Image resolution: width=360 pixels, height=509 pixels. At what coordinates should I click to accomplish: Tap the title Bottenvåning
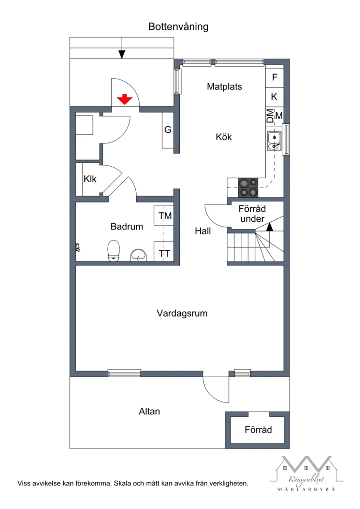point(178,27)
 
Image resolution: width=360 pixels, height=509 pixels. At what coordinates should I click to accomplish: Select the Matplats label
point(224,86)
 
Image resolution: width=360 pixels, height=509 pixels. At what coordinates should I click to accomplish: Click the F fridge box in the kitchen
point(274,78)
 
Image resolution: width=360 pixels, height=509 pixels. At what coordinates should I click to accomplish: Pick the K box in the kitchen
point(274,96)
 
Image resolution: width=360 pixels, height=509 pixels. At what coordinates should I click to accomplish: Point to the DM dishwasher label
point(270,116)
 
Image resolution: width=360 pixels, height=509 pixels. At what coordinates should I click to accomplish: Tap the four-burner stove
point(248,187)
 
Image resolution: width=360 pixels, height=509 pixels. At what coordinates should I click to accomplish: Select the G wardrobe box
point(168,130)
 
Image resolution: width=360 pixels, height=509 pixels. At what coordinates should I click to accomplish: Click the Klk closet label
point(90,179)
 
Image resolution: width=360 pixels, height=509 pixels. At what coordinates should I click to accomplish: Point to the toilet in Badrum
point(114,251)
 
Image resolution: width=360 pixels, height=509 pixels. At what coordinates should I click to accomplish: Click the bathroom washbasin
point(139,254)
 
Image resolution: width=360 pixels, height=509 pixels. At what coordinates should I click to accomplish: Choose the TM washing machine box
point(165,216)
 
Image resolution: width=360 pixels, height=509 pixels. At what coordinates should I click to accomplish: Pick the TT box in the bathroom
point(165,253)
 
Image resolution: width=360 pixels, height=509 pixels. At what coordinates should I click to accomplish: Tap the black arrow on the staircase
point(269,227)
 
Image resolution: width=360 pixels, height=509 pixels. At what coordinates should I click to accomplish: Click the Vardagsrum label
point(182,313)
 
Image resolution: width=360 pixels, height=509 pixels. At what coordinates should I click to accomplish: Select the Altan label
point(149,411)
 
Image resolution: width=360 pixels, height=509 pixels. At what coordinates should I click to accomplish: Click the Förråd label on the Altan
point(258,430)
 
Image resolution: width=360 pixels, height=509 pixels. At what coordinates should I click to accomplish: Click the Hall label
point(203,231)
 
